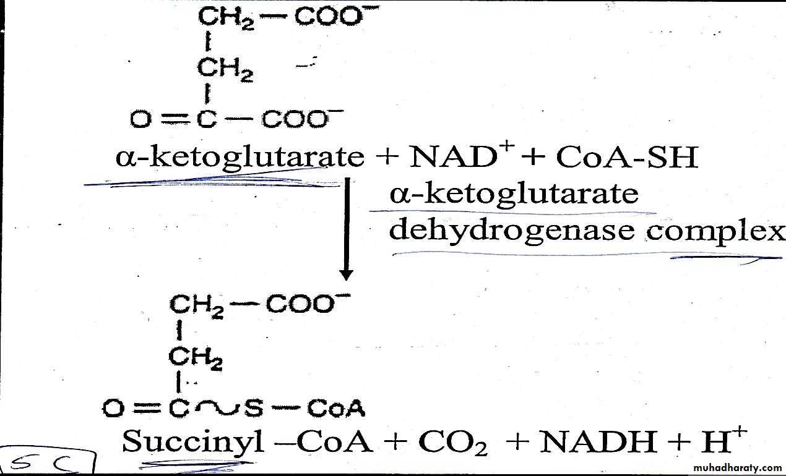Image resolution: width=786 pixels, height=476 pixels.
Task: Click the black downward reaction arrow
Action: pyautogui.click(x=347, y=229)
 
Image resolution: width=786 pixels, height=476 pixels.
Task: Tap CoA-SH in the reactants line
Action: pyautogui.click(x=628, y=158)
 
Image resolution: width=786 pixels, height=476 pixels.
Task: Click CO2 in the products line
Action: pyautogui.click(x=453, y=443)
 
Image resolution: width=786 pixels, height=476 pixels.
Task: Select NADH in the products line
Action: pyautogui.click(x=599, y=441)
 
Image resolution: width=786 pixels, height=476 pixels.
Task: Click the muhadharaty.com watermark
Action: pyautogui.click(x=738, y=467)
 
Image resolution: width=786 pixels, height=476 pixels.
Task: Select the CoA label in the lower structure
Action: pyautogui.click(x=336, y=409)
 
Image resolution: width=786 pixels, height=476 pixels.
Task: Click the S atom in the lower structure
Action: pyautogui.click(x=253, y=409)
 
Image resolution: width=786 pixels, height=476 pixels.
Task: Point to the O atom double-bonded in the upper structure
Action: pyautogui.click(x=140, y=119)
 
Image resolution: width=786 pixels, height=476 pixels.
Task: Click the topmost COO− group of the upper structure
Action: pyautogui.click(x=332, y=17)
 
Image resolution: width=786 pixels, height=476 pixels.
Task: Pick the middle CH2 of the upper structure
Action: pyautogui.click(x=225, y=69)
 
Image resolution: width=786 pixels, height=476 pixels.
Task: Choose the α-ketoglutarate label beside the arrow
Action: pyautogui.click(x=513, y=194)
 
